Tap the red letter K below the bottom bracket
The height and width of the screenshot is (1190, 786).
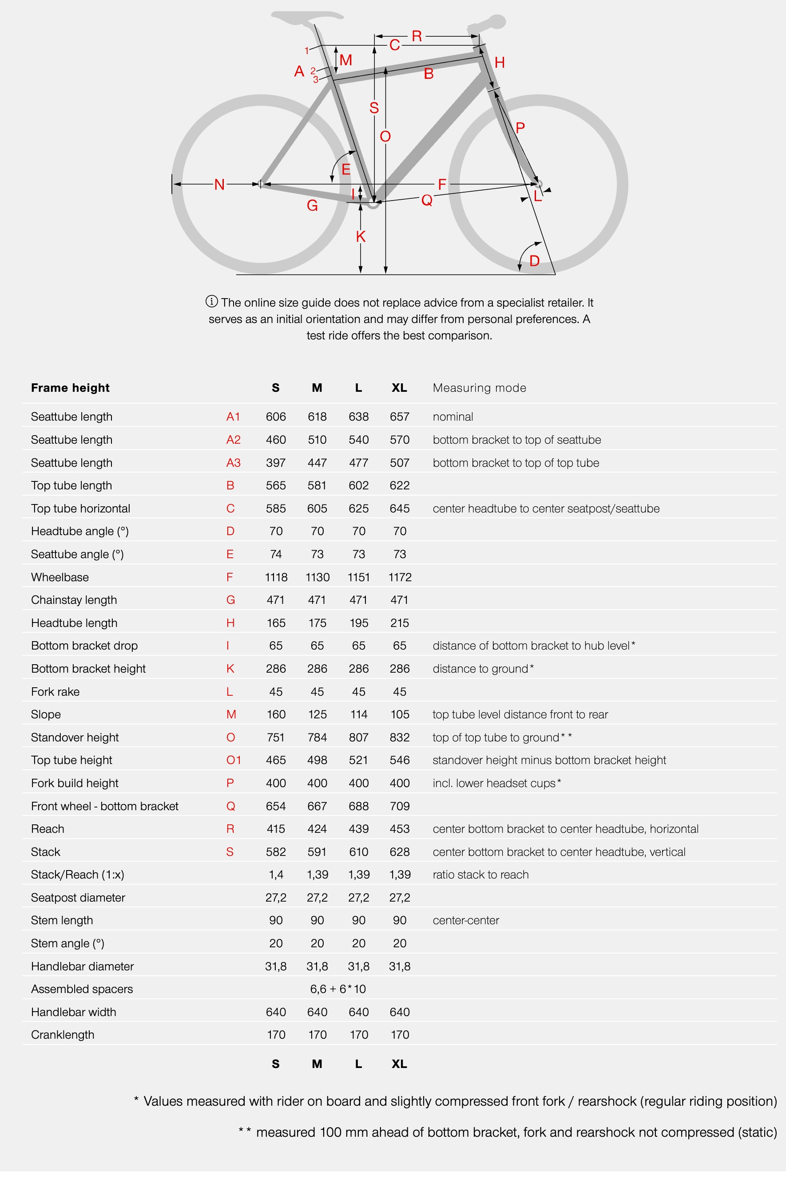(361, 236)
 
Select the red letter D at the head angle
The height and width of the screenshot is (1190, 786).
(534, 260)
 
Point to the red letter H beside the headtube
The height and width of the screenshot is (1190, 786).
(499, 63)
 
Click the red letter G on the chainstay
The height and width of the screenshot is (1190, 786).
(312, 205)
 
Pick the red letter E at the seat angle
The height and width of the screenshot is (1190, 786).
(346, 169)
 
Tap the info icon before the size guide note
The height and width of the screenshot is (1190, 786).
(211, 302)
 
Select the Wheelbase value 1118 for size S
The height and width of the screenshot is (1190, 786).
(276, 577)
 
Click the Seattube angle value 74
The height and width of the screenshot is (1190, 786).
(276, 554)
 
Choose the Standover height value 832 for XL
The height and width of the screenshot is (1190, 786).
(400, 737)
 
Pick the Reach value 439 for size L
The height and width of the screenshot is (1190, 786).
(358, 829)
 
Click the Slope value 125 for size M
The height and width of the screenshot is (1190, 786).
(317, 714)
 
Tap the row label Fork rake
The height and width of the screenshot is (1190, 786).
(55, 692)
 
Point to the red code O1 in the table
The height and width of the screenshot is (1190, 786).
(234, 760)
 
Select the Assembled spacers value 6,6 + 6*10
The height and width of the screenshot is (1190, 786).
(338, 989)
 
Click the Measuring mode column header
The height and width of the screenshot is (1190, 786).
(479, 388)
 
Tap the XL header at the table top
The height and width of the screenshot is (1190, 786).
(400, 388)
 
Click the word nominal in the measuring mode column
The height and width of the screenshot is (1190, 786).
(453, 417)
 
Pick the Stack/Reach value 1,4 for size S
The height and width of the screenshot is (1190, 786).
(276, 875)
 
